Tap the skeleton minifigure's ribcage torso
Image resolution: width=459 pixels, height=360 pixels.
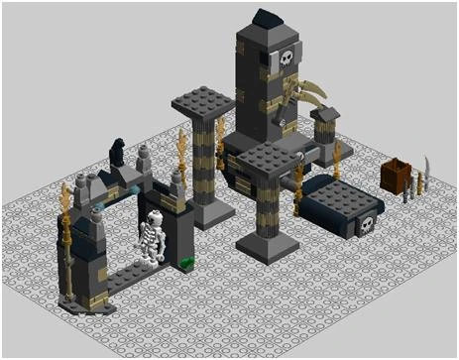coord(153,238)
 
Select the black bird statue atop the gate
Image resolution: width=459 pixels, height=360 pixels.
coord(116,150)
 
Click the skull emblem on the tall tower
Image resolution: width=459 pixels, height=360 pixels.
coord(287,59)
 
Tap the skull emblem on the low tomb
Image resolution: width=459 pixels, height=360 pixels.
coord(365,225)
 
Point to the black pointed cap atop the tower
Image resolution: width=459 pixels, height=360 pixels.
coord(267,19)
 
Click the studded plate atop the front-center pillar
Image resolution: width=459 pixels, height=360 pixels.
coord(267,159)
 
